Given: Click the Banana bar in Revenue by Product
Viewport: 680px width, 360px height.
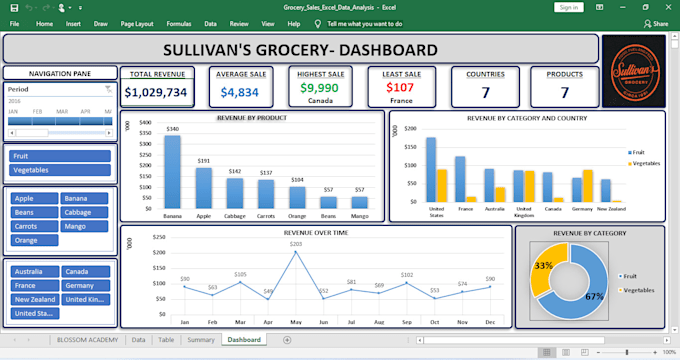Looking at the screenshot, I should point(173,172).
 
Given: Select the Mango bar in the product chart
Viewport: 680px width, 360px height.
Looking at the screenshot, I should point(359,203).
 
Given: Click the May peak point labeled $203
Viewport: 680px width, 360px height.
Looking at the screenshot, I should point(295,252).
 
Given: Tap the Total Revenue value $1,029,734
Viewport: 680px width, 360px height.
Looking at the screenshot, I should point(156,92).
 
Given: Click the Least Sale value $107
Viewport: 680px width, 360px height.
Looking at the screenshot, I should point(400,87).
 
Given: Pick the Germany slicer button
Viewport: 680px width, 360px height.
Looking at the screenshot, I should point(85,286).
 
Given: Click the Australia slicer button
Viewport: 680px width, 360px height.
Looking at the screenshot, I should point(33,272).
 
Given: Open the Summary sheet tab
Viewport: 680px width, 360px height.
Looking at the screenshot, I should point(200,340).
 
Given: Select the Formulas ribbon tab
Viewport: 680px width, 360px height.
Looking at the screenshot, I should point(179,22).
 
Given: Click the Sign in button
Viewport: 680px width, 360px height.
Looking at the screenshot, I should point(568,7).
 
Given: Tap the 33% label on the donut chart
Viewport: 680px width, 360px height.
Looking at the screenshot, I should point(544,266).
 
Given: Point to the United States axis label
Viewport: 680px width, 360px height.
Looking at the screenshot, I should point(436,213).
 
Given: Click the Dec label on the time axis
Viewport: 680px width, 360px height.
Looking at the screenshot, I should point(490,322).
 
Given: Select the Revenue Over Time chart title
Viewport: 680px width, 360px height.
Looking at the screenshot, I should point(316,232).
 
